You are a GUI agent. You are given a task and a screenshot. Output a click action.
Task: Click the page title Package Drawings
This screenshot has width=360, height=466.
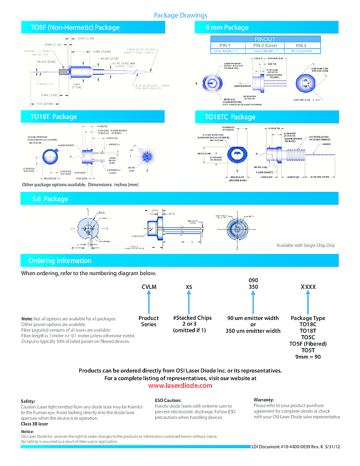tap(180, 16)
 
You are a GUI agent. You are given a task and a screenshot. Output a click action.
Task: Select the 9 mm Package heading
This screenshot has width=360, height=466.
tap(227, 28)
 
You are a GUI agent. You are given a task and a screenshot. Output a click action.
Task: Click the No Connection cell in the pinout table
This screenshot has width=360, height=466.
tap(302, 51)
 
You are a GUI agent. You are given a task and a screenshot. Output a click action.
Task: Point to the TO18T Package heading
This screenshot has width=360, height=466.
tap(54, 117)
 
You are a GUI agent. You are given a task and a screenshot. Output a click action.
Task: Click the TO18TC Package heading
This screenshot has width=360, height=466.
tap(230, 117)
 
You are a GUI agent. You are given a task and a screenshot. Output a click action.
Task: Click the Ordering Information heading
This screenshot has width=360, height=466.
tap(60, 261)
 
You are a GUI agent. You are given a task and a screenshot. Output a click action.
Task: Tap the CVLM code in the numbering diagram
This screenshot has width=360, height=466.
tap(149, 287)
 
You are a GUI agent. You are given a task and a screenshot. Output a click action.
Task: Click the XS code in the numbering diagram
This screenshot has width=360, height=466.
tap(189, 287)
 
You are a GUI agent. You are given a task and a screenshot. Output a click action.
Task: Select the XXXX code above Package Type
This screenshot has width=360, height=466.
tap(308, 287)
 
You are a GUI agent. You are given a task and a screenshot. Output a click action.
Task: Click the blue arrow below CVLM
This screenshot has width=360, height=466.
tap(149, 303)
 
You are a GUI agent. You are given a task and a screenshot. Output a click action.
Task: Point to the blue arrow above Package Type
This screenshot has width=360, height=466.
tap(308, 303)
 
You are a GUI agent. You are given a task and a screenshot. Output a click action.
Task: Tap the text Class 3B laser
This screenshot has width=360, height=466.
tap(34, 424)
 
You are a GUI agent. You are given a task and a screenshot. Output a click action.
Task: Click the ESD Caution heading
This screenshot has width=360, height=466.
tap(168, 400)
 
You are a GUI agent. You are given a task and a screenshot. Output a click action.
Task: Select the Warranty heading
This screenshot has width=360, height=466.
tap(264, 400)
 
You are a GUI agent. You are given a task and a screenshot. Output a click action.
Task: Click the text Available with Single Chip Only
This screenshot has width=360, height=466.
tap(306, 245)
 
